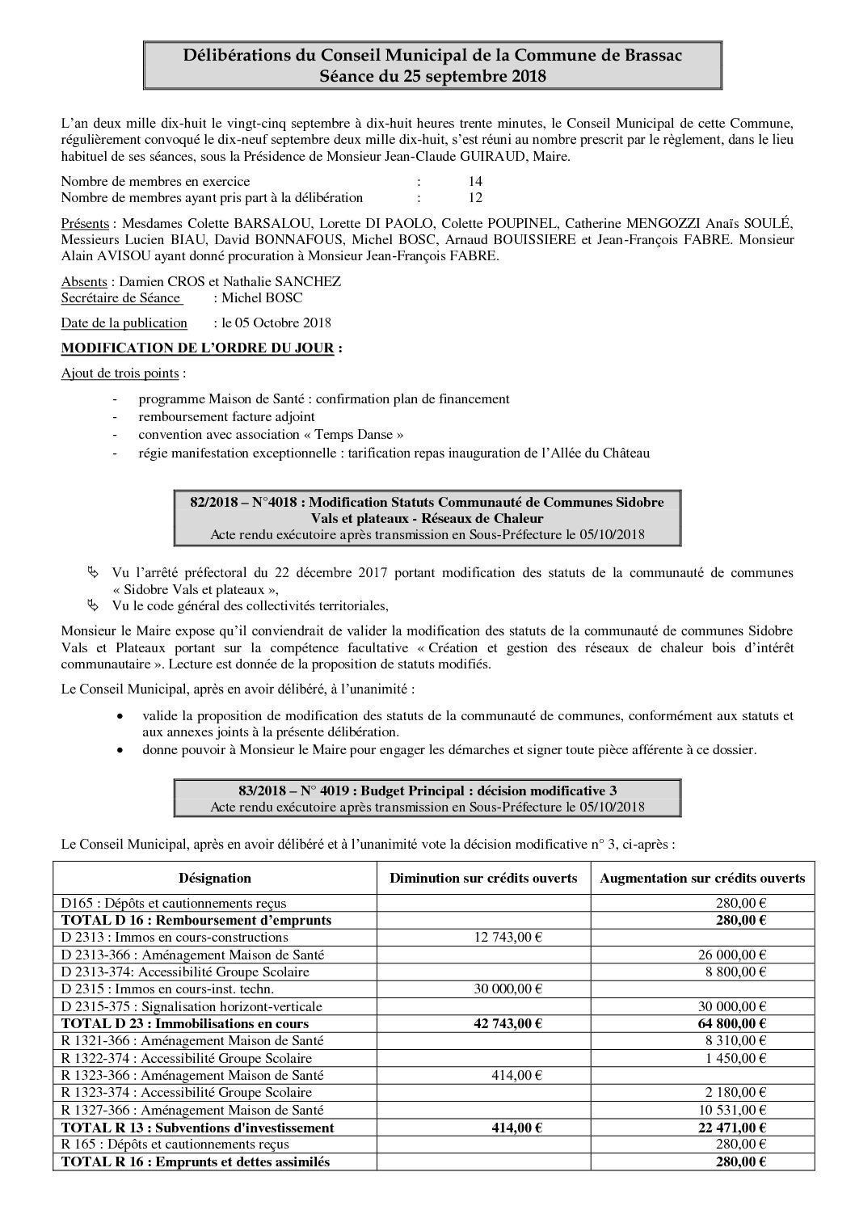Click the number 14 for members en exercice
475,181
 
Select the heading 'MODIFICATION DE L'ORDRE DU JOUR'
197,348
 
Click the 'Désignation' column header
215,878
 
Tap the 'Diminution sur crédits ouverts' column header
483,878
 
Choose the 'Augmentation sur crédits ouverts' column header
701,878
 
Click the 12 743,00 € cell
505,938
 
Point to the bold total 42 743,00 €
504,1023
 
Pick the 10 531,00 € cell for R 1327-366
732,1110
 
